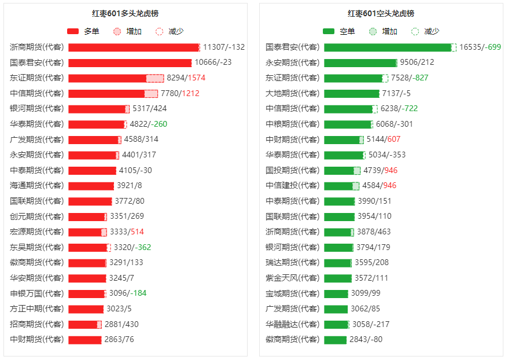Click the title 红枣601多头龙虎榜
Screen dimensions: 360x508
(x=125, y=13)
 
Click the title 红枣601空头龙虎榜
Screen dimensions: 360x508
(x=381, y=13)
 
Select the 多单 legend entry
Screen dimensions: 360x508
(x=83, y=31)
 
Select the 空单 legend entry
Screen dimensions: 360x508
(x=339, y=31)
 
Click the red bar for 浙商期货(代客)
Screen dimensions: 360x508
(x=133, y=47)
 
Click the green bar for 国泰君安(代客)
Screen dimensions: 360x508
(x=388, y=47)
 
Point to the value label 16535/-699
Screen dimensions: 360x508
(x=480, y=47)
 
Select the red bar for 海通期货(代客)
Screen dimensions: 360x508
(x=91, y=186)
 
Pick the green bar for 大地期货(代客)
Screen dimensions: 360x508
(x=351, y=93)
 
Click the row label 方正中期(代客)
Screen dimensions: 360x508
(x=37, y=308)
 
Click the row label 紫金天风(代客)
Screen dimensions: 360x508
(x=292, y=278)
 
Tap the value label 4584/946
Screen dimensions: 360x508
(x=379, y=186)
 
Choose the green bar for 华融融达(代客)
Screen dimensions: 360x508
(x=336, y=324)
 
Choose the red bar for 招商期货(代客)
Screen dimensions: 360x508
(x=84, y=324)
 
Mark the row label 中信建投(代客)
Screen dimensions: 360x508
(x=292, y=186)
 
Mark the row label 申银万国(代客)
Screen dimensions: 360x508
(x=37, y=293)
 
